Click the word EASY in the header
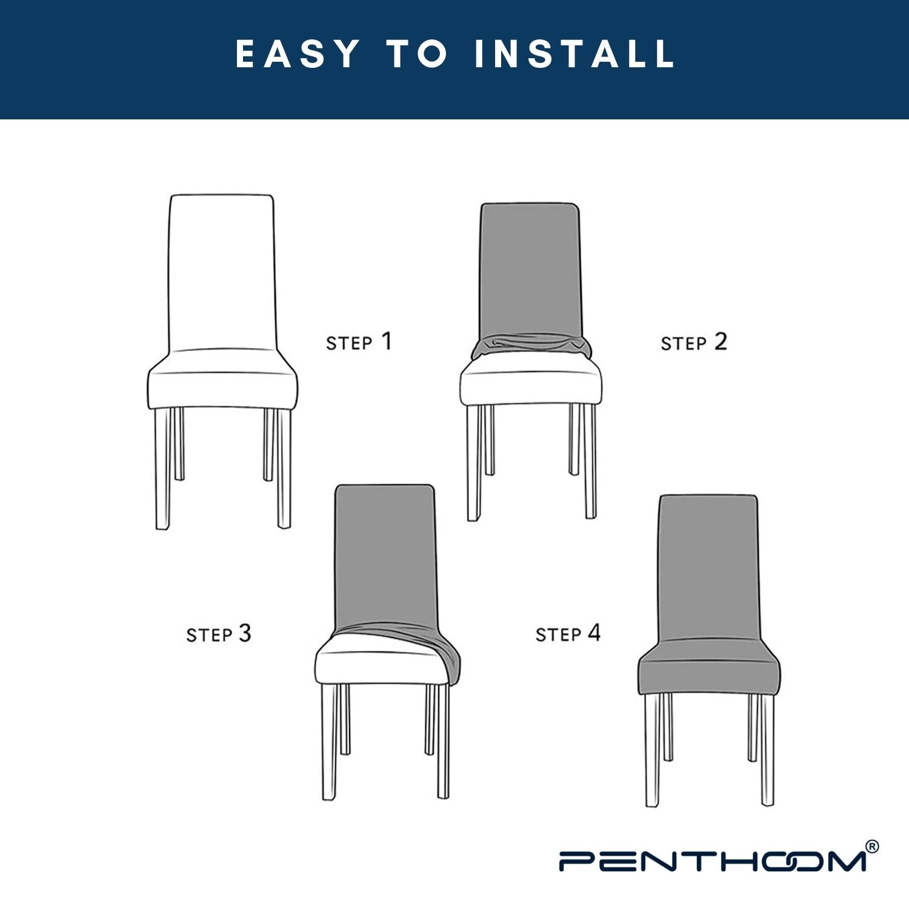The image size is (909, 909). pos(298,54)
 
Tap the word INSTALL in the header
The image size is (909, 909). pos(574,54)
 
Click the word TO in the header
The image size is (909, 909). pos(418,54)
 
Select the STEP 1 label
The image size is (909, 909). pos(359,342)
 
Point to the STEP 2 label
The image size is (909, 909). pos(693,342)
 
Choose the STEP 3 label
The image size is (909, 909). pos(218,634)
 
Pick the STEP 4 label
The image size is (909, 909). pos(568,634)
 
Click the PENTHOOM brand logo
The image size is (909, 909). pos(712,861)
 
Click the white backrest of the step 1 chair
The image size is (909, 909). pos(222,273)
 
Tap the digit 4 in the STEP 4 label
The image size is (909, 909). pos(594,633)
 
